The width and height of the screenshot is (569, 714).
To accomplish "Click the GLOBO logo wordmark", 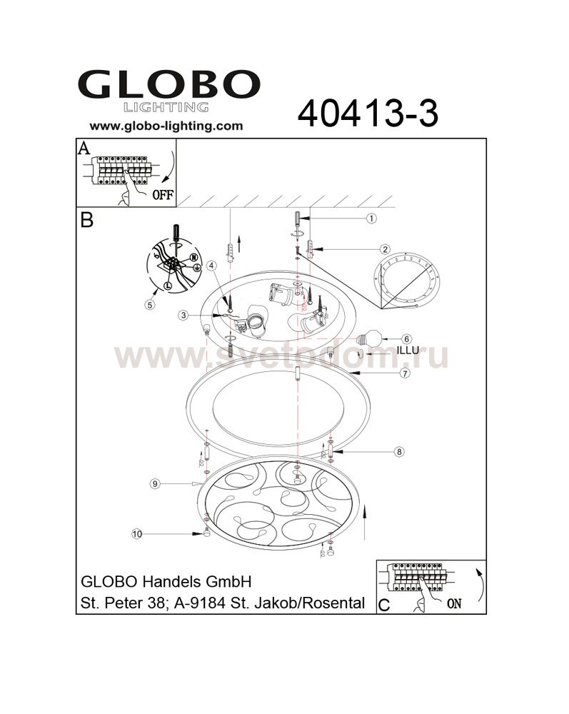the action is coord(168,84).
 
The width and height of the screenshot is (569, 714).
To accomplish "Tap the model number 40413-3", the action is coord(368,114).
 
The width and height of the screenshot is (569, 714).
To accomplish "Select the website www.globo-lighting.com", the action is coord(166,126).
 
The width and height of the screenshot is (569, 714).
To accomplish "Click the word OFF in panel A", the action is coord(163,195).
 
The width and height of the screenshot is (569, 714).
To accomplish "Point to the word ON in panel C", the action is coord(454,604).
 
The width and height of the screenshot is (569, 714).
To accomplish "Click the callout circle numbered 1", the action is coord(372,218).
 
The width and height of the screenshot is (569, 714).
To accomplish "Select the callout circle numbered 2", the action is coord(385,249).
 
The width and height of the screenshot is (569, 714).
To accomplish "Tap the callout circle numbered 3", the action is coord(183,315).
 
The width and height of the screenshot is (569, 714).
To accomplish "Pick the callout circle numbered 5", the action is coord(150,305).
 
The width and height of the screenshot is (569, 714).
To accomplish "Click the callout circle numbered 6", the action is coord(406,338).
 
